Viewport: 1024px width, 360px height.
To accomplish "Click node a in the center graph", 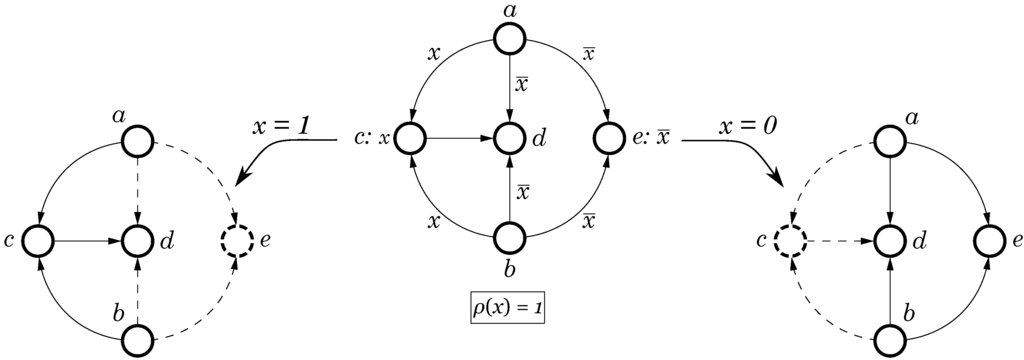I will (510, 41).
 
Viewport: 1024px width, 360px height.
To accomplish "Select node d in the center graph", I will (510, 138).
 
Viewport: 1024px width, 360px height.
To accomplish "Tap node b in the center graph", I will (510, 238).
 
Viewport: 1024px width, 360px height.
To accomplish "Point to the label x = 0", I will (748, 127).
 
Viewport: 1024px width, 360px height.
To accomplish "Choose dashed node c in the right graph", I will (791, 241).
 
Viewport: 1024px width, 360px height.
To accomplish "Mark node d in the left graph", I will (138, 241).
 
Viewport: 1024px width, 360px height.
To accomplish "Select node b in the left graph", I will (138, 340).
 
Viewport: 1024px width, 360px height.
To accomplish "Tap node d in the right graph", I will (890, 241).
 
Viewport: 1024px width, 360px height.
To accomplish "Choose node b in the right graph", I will (890, 340).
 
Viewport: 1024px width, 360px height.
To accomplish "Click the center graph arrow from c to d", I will (460, 138).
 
